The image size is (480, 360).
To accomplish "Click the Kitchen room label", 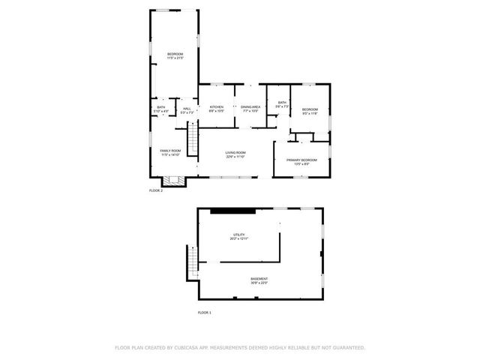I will (x=217, y=107).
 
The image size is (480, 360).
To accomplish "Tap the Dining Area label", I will (x=250, y=107).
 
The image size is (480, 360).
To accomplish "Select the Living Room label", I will (x=236, y=152).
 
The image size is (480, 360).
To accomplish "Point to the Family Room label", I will (x=170, y=151).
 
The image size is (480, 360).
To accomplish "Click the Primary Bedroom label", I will (x=302, y=160).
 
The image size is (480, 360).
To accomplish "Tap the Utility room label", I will (x=239, y=235).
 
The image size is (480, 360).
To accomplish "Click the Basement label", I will (x=259, y=279).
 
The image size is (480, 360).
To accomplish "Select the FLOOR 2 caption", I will (x=155, y=191).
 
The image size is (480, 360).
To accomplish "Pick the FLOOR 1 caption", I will (x=205, y=312).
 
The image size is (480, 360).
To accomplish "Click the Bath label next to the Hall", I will (x=161, y=107).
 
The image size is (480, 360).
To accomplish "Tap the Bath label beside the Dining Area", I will (x=282, y=103).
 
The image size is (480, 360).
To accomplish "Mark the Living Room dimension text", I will (x=236, y=157).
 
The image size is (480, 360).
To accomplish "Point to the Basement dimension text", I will (x=259, y=283).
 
